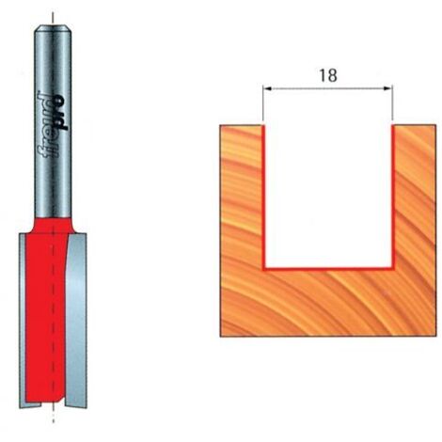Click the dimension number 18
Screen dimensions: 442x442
(328, 75)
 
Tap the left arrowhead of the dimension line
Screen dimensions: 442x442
(267, 88)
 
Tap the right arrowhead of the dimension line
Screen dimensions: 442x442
(388, 88)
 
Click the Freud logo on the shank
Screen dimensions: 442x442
(53, 124)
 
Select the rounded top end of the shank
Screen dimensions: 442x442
(53, 29)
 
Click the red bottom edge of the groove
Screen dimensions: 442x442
(328, 268)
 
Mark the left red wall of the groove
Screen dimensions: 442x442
(264, 197)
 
